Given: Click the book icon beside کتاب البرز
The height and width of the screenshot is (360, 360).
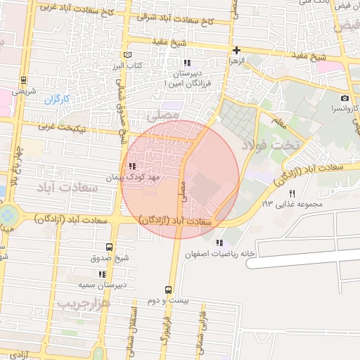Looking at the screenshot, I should (127, 55).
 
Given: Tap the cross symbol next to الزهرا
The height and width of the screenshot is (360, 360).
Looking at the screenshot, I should (236, 50).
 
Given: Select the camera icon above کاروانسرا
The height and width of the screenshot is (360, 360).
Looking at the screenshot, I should (345, 98).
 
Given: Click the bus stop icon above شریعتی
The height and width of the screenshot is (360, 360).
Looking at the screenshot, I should (24, 79).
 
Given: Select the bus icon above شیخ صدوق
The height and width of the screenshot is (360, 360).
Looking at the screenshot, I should (108, 247).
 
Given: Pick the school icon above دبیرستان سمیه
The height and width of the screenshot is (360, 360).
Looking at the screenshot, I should (102, 274).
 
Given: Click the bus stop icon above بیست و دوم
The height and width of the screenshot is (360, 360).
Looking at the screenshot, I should (168, 290).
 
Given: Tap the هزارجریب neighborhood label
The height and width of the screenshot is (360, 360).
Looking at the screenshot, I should (84, 304).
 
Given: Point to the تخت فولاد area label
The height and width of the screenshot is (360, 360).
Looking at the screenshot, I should (270, 144).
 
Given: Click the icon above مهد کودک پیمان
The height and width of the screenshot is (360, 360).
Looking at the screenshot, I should (132, 166).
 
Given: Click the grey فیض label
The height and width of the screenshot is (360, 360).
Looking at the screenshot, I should (347, 26).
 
